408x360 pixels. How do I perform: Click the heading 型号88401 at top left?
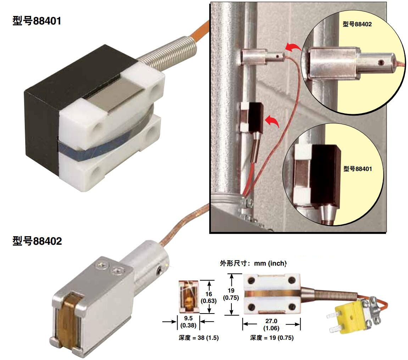pos(37,21)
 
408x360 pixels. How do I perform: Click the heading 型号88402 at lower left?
pos(37,241)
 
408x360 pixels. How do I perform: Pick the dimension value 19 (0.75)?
pos(231,294)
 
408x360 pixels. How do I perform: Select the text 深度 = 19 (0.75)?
pos(272,338)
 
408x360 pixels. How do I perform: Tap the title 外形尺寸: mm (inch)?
pos(253,264)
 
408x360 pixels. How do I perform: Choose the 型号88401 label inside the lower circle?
pos(358,169)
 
